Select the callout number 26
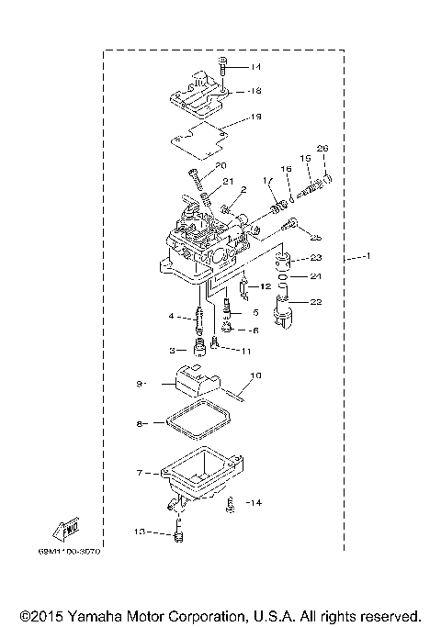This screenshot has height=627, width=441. click(322, 149)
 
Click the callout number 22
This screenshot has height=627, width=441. click(314, 300)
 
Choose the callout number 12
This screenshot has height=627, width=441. click(265, 287)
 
